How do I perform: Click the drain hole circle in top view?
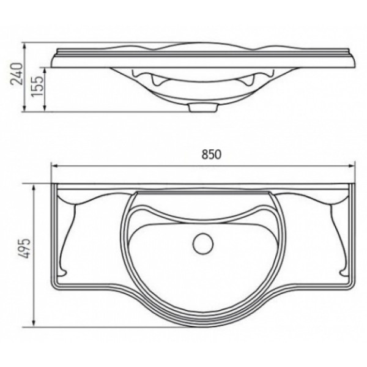point(201,244)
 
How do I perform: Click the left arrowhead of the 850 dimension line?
point(53,165)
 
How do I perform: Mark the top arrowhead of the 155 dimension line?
point(46,68)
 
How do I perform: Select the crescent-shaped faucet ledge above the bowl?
point(201,208)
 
